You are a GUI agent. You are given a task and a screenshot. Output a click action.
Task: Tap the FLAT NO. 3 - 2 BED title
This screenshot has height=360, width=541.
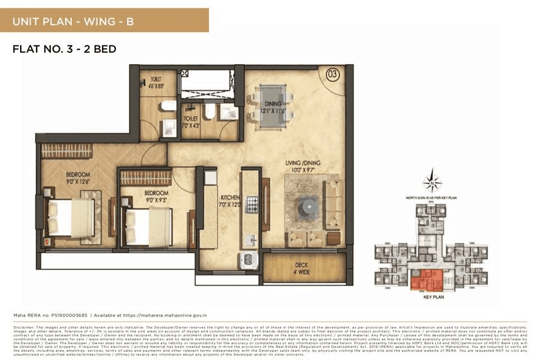[64, 49]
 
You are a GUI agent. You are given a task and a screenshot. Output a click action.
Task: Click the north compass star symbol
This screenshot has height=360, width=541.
[432, 183]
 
